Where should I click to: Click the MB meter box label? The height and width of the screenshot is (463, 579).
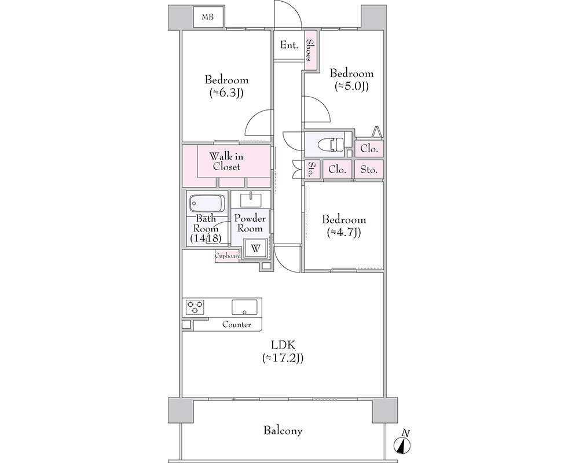coord(207,17)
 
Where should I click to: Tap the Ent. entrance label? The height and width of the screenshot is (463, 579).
coord(289,45)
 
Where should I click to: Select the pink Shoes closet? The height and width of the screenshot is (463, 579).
coord(310,50)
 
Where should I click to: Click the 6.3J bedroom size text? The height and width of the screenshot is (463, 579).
coord(226,93)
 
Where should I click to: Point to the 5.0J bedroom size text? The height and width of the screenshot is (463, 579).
coord(351,86)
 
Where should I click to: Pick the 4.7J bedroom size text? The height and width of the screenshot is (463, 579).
coord(343,232)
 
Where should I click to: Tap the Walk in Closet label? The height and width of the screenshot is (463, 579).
coord(226,161)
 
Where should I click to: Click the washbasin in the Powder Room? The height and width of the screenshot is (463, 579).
coord(251,200)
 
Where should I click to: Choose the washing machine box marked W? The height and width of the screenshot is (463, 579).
coord(255,248)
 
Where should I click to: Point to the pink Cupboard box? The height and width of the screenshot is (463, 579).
coord(228,256)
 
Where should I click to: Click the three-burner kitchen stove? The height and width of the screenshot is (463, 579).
coord(195,307)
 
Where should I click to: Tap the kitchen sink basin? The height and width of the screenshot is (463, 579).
coord(244,307)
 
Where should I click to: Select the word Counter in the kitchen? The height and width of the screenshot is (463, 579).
coord(236,325)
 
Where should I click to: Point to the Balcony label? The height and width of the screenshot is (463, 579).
coord(283,431)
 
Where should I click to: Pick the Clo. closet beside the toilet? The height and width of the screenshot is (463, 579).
coord(369,148)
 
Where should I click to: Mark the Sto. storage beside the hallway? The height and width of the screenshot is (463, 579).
coord(312,170)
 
